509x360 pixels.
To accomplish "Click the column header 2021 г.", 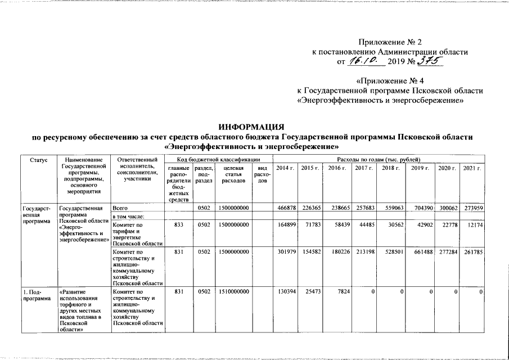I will tap(471, 168).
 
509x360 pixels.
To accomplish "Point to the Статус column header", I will tap(38, 161).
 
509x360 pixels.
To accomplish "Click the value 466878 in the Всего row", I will tap(286, 208).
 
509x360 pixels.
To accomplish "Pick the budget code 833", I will tap(178, 226).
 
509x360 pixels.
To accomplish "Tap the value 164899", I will tap(286, 226).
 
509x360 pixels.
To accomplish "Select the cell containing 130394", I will tap(286, 292).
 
